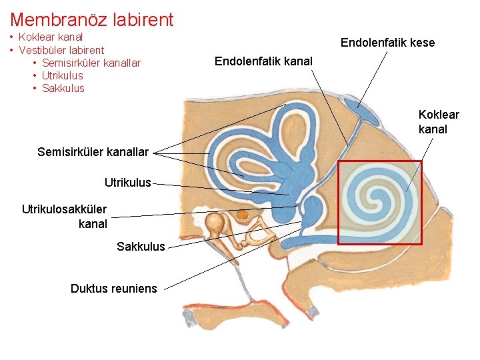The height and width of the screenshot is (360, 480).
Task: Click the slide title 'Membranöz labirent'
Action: [92, 19]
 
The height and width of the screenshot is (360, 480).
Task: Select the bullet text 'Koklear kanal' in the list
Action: [51, 37]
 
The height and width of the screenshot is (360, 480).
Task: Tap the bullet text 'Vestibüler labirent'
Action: [61, 50]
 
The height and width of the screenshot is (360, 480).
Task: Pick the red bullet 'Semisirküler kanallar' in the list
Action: [91, 63]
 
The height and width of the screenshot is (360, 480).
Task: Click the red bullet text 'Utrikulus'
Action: [62, 75]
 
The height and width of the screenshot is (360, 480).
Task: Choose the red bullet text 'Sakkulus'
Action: [63, 88]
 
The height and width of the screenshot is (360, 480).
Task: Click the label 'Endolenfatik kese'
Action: [387, 43]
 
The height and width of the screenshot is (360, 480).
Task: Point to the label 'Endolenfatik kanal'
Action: [263, 62]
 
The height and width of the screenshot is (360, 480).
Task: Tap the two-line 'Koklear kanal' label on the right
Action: [438, 121]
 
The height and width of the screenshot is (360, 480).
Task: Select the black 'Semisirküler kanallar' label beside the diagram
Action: [93, 152]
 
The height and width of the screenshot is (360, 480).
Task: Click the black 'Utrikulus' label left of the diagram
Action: [128, 181]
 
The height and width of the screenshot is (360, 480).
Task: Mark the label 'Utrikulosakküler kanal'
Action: [64, 217]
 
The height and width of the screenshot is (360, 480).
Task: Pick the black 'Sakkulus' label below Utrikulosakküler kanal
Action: [141, 247]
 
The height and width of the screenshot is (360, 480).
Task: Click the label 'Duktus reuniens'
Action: [114, 288]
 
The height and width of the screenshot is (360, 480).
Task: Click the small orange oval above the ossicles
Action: [243, 215]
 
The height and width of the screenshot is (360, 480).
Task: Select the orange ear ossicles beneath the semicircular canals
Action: [217, 227]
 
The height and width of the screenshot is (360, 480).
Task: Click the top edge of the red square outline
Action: [380, 161]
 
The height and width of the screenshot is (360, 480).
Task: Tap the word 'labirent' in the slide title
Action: [141, 19]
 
